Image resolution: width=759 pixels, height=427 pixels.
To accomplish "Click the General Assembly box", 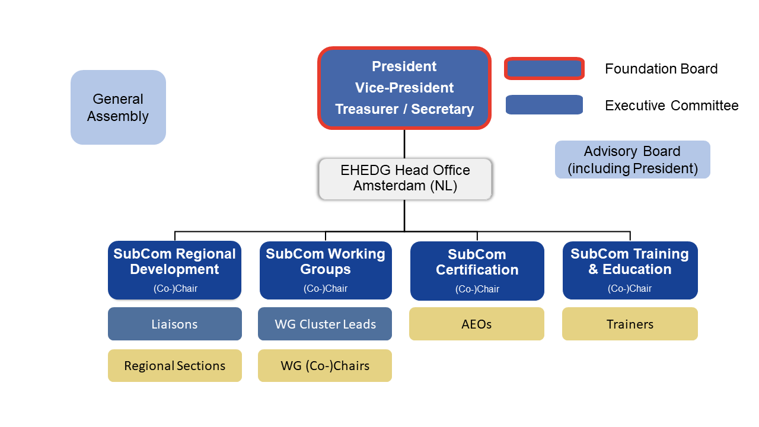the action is (118, 107).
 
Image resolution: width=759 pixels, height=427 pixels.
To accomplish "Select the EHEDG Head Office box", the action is (405, 179).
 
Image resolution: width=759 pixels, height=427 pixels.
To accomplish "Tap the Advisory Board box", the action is (632, 160).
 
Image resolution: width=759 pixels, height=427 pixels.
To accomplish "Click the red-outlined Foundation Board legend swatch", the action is (544, 69).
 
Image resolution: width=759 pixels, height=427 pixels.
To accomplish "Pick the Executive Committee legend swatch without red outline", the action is (544, 105).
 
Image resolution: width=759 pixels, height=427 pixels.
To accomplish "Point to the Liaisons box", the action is (175, 324).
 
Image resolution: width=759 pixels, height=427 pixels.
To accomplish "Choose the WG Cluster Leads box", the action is (325, 324).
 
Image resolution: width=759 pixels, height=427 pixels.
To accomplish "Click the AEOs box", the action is (477, 324).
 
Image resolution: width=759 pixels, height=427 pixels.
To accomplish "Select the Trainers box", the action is (630, 324).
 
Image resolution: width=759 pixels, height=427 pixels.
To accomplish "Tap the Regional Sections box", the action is (175, 366).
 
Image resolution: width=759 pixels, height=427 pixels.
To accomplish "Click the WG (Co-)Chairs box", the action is (325, 366).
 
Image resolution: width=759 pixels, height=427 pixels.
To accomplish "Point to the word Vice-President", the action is (404, 88).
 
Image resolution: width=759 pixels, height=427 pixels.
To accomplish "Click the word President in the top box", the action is (404, 66).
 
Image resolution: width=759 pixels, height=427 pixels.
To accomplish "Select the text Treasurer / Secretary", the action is (404, 109).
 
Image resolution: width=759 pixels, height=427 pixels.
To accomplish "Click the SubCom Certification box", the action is (477, 271).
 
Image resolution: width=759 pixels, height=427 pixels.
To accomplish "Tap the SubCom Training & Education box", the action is (630, 270).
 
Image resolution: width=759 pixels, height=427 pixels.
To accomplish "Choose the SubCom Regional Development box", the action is (175, 270).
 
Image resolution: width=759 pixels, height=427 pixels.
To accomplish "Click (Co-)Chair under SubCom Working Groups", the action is (326, 288).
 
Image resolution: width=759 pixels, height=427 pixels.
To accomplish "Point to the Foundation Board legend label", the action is (661, 69).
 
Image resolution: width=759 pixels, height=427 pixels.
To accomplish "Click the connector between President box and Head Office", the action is (404, 144).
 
